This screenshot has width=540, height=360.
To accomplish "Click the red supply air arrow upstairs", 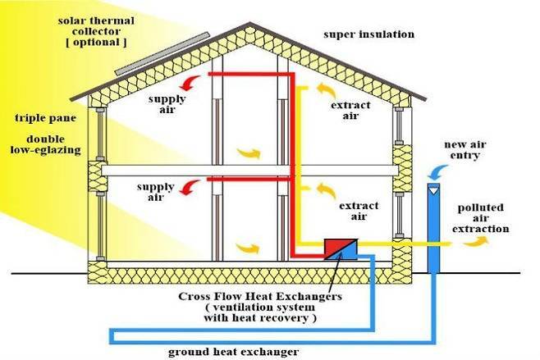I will (190, 80).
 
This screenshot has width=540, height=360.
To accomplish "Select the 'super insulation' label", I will (368, 34).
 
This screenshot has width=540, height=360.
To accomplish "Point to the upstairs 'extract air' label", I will (351, 111).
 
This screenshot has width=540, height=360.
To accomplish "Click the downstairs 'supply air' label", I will (156, 192).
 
